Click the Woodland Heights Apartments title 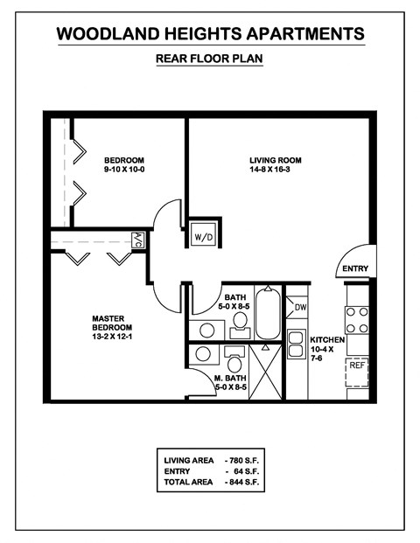(x=210, y=34)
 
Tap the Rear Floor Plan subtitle (x=209, y=59)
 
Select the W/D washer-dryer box (x=203, y=237)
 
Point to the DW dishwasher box (x=300, y=307)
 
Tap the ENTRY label (x=355, y=268)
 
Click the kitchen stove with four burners (x=356, y=319)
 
